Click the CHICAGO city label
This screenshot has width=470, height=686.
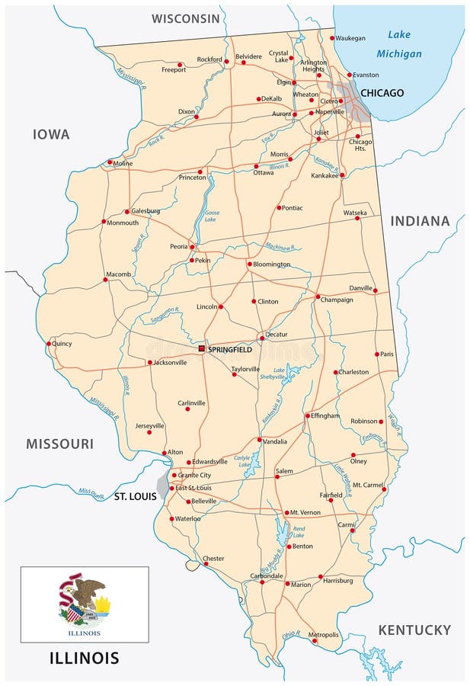click(x=382, y=93)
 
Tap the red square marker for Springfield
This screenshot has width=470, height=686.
click(x=201, y=348)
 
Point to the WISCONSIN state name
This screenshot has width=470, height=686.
click(x=186, y=18)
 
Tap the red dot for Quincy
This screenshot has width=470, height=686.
click(x=49, y=343)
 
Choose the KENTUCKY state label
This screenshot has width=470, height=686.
click(x=414, y=630)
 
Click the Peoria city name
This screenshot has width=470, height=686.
click(x=179, y=247)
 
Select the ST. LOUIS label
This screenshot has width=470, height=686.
click(x=135, y=496)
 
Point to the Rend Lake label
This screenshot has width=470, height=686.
click(x=299, y=531)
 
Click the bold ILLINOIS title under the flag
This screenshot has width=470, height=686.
click(x=84, y=657)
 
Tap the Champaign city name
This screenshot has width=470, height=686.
click(x=337, y=300)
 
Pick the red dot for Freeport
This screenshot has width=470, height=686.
click(x=180, y=65)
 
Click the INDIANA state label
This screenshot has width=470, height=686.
click(x=420, y=221)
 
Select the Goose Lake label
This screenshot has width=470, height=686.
click(x=212, y=216)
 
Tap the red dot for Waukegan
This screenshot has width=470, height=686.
click(x=332, y=38)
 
